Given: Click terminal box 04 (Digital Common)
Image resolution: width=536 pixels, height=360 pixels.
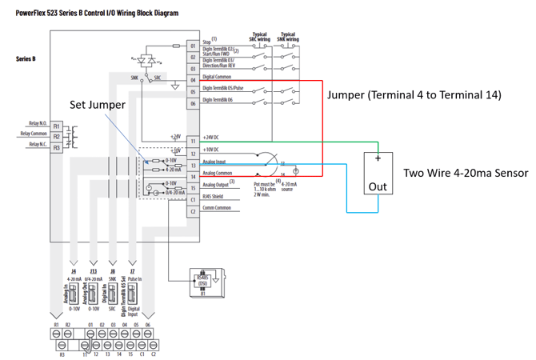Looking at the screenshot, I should (x=193, y=80).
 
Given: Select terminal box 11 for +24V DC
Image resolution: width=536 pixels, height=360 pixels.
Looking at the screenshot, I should (x=193, y=139).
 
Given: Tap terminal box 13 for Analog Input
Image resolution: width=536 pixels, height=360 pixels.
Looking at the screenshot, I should (x=193, y=163).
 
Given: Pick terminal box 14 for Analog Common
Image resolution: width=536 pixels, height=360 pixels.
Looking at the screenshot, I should (x=193, y=174).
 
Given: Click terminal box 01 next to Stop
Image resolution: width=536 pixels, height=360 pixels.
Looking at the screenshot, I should (x=193, y=46).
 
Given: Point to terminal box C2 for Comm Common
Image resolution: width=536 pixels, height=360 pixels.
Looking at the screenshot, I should (x=193, y=210).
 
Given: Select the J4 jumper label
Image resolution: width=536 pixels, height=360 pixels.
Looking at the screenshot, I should (x=73, y=272).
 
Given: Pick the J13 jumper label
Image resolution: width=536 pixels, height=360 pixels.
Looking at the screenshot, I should (x=94, y=272).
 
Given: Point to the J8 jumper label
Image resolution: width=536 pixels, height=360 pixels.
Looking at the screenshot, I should (x=113, y=272).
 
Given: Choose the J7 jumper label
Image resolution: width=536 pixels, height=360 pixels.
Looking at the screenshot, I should (x=132, y=272).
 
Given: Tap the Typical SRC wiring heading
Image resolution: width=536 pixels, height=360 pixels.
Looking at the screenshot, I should (x=258, y=37).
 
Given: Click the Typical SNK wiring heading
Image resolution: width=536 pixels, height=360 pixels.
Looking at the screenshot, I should (x=288, y=37).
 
